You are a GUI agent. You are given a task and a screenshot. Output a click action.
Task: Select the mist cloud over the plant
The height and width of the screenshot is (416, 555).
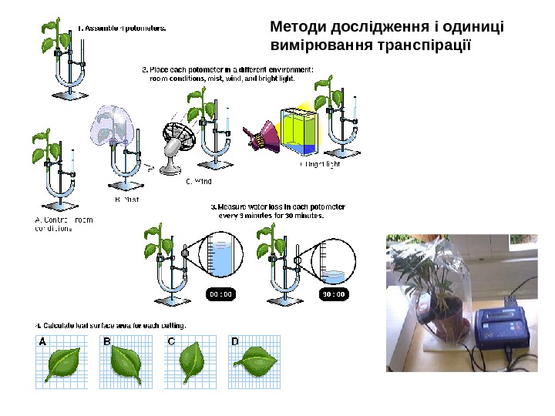click(113, 126)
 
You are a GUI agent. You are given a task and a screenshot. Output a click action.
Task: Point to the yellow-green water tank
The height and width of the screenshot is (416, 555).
click(298, 131)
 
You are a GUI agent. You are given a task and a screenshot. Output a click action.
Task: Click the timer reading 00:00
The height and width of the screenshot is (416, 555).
click(220, 294)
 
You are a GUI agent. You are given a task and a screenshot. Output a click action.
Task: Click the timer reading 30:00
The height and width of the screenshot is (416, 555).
click(333, 294)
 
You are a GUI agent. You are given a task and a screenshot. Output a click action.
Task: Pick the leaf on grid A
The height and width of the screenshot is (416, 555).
click(62, 364)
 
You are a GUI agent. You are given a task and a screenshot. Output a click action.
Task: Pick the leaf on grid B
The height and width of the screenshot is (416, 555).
click(125, 364)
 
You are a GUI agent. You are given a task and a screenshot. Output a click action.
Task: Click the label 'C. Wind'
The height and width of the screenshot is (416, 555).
click(198, 182)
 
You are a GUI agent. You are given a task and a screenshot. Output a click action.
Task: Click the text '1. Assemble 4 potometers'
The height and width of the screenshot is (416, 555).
click(121, 28)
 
